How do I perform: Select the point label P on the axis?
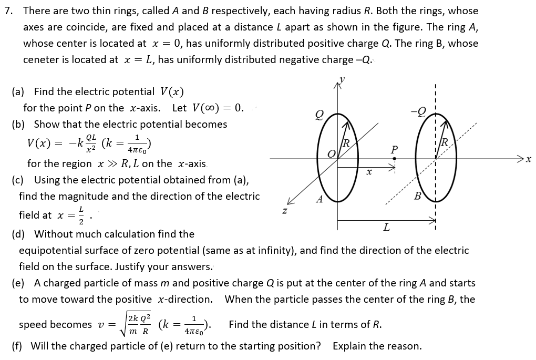[394, 150]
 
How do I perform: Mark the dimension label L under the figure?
[386, 228]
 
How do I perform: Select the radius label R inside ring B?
[445, 142]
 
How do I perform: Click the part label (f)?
[19, 346]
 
